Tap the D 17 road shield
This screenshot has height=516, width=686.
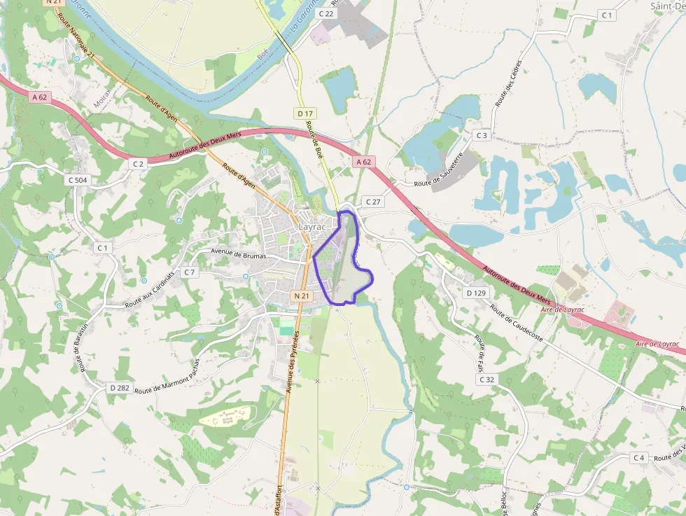pos(304,113)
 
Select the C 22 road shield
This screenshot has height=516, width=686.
pos(326,13)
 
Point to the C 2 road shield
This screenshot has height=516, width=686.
pos(138,163)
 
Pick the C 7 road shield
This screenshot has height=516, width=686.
pos(189,272)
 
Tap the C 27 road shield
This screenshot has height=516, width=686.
pos(372,202)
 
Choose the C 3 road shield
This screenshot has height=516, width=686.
pos(481,134)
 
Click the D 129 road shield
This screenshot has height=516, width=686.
pos(475,293)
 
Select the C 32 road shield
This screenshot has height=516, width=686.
pos(486,379)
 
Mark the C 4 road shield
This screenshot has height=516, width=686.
pos(638,458)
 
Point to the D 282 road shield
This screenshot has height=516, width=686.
pos(119,387)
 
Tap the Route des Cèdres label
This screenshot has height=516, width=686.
pos(508,83)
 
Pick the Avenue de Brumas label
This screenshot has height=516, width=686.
pos(239,255)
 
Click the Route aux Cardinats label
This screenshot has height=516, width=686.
pos(150,290)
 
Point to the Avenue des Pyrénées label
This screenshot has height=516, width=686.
pos(290,362)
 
